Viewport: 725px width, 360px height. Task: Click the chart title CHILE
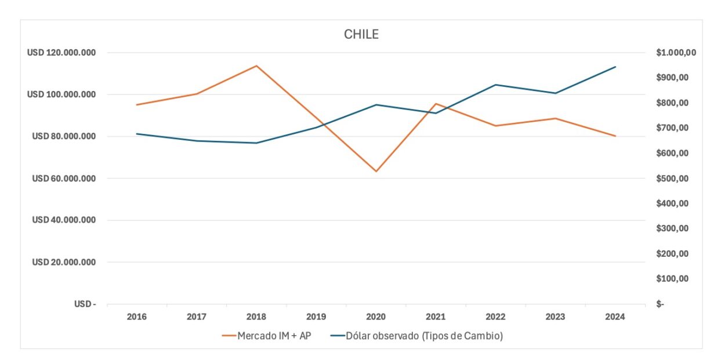tap(361, 34)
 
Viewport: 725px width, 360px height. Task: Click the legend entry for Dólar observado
tap(416, 336)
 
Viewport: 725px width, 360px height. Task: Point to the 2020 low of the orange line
tap(376, 171)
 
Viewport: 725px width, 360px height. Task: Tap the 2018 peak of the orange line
tap(256, 66)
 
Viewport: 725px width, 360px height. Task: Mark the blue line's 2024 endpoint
tap(615, 67)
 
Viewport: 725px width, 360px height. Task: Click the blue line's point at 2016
tap(137, 134)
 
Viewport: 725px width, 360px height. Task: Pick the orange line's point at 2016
tap(137, 105)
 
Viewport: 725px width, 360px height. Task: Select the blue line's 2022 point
tap(495, 85)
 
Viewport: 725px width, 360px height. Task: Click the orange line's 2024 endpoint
tap(615, 136)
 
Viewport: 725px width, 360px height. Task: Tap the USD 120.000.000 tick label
tap(61, 53)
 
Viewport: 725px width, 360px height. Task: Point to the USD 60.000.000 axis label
tap(64, 179)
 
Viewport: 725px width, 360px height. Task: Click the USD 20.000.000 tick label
tap(64, 262)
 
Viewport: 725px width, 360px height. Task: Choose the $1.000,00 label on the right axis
tap(676, 53)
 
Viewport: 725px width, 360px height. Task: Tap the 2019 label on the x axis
tap(316, 317)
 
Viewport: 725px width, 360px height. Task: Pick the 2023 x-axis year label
tap(555, 317)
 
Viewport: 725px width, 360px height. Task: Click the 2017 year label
tap(197, 317)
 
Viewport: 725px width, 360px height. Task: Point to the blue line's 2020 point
tap(376, 105)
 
